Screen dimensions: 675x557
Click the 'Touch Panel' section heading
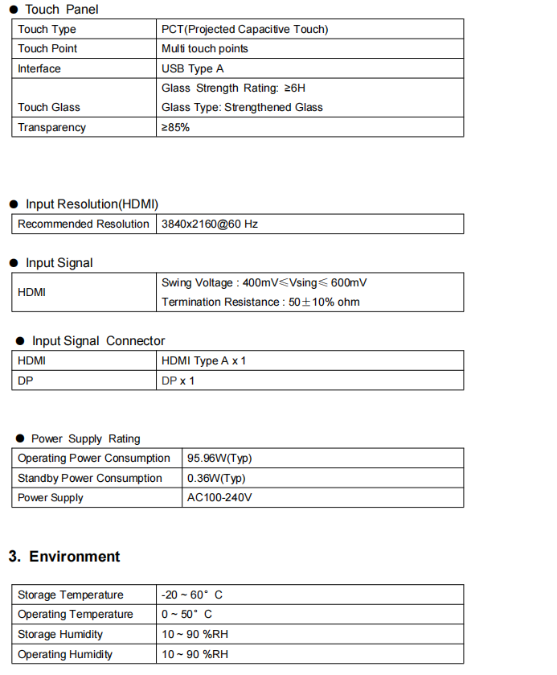pos(61,10)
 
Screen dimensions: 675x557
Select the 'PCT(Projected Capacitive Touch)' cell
pos(244,29)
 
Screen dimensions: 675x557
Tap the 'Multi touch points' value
pos(204,49)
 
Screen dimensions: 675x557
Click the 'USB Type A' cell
pos(192,68)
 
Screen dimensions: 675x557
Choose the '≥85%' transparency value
pos(175,127)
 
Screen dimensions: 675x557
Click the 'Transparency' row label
pos(51,127)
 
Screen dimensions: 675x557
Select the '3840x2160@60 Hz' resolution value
pos(210,224)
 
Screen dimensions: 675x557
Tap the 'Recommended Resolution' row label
pos(84,224)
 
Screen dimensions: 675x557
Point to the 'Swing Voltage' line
pos(264,282)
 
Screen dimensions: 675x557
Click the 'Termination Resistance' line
pos(260,302)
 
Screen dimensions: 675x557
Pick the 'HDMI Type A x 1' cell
pos(203,360)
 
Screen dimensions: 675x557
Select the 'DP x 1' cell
pos(178,381)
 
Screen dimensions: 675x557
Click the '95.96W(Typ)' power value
pos(219,458)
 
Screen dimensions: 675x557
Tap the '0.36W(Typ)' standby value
pos(216,478)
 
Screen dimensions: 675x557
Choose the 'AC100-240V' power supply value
pos(219,497)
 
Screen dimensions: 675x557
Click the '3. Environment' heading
pos(64,557)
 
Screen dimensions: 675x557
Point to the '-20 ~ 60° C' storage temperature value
pos(191,595)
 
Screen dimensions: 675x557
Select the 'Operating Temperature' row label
pos(76,614)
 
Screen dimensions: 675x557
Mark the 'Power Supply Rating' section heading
pos(85,438)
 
